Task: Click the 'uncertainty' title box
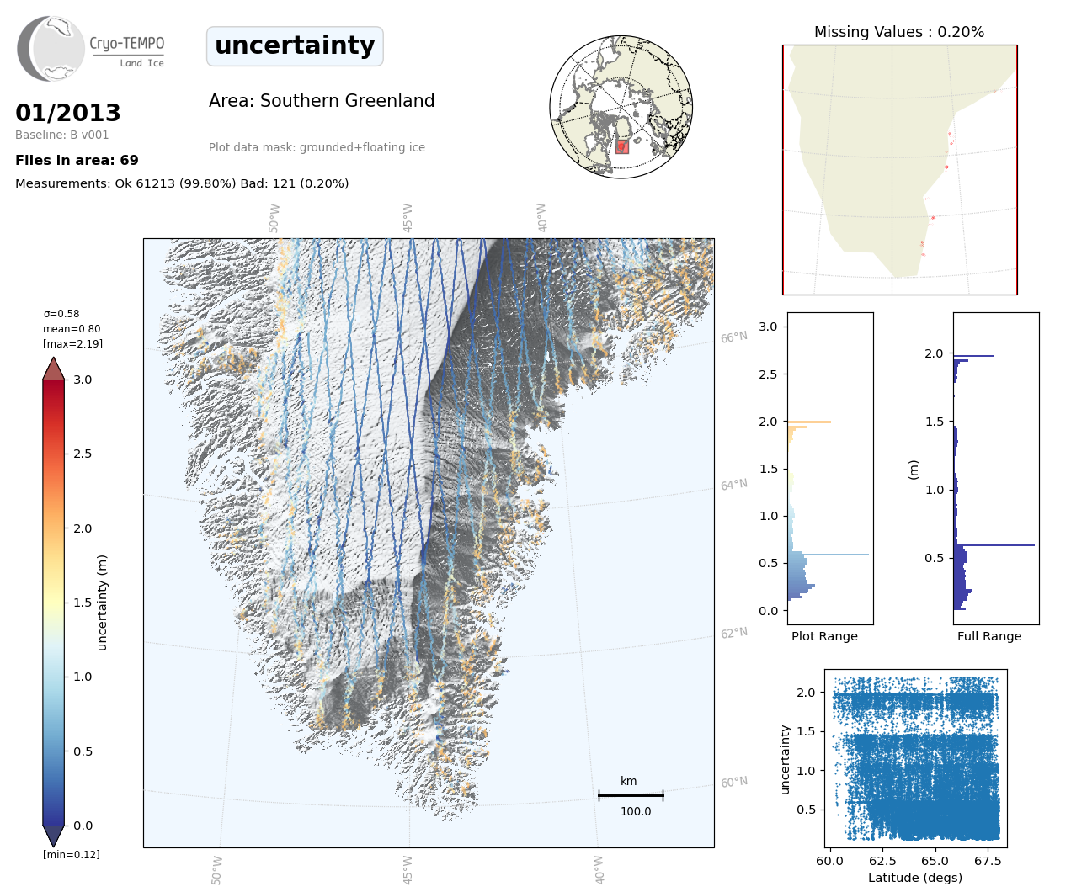295,45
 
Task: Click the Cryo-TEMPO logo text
127,44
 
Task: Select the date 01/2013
68,113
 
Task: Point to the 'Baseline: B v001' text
62,135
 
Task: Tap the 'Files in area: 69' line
77,160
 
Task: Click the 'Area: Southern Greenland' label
322,101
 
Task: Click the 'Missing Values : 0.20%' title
899,32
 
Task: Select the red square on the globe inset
622,146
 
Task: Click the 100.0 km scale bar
631,795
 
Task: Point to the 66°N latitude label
733,337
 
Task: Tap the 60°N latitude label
733,783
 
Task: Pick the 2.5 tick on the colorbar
83,454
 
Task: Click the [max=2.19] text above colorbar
72,344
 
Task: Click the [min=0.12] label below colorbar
72,855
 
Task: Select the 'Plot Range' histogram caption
824,636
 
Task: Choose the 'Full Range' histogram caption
989,636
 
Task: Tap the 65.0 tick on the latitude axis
935,861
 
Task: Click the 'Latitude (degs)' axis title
915,878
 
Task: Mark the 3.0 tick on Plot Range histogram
768,327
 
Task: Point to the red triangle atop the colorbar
54,369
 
